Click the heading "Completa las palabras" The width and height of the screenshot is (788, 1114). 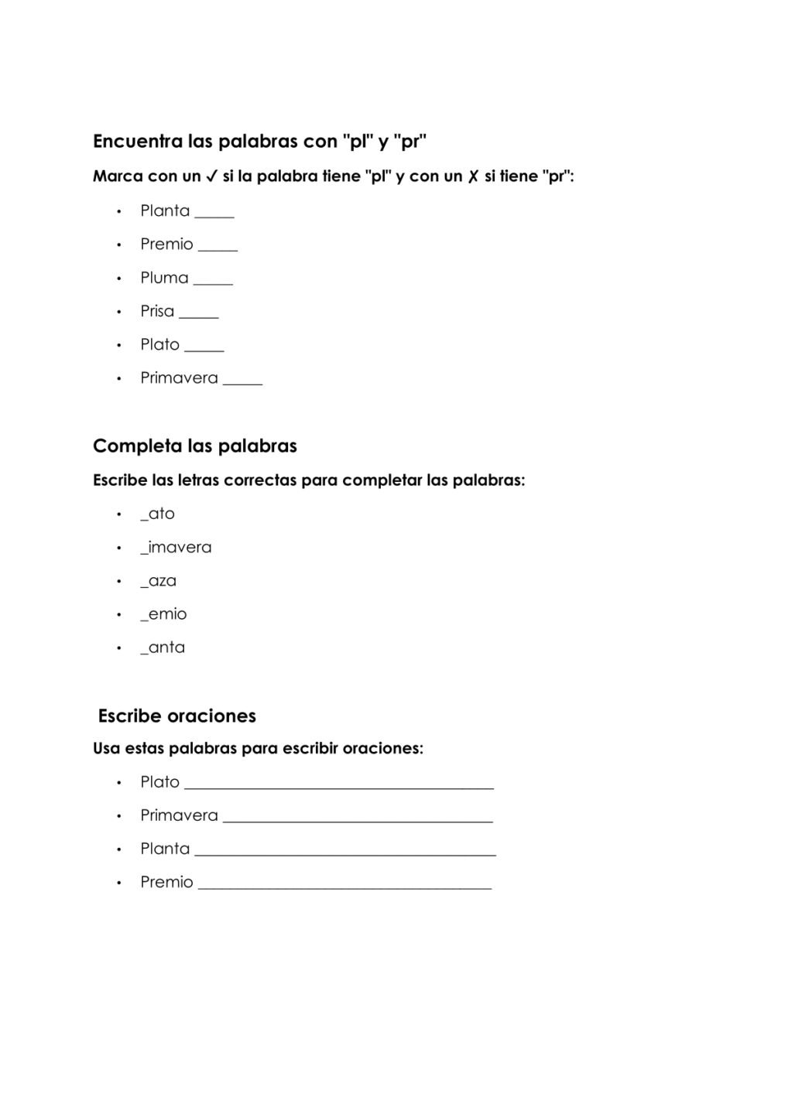point(195,446)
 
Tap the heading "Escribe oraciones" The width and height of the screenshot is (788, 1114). point(177,716)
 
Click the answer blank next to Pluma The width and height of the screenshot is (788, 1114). point(213,282)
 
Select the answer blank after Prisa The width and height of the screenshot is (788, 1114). point(199,315)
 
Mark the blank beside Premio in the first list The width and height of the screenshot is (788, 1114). point(218,248)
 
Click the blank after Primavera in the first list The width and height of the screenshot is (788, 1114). point(242,382)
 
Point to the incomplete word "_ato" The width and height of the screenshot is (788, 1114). point(158,514)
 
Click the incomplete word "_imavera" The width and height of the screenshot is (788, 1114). point(176,547)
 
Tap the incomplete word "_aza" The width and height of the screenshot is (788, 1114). point(159,581)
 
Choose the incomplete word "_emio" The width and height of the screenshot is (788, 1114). point(163,614)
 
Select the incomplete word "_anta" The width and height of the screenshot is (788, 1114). point(163,648)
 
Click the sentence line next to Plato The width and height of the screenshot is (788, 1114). point(339,786)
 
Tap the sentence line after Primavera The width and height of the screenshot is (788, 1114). point(358,819)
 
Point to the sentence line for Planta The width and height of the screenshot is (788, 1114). point(345,853)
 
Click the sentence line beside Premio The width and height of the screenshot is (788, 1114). point(345,887)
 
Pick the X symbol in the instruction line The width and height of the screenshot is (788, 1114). point(473,176)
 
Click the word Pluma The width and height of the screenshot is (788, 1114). point(164,278)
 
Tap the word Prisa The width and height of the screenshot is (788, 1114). point(157,311)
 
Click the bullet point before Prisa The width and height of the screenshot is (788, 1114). point(119,312)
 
